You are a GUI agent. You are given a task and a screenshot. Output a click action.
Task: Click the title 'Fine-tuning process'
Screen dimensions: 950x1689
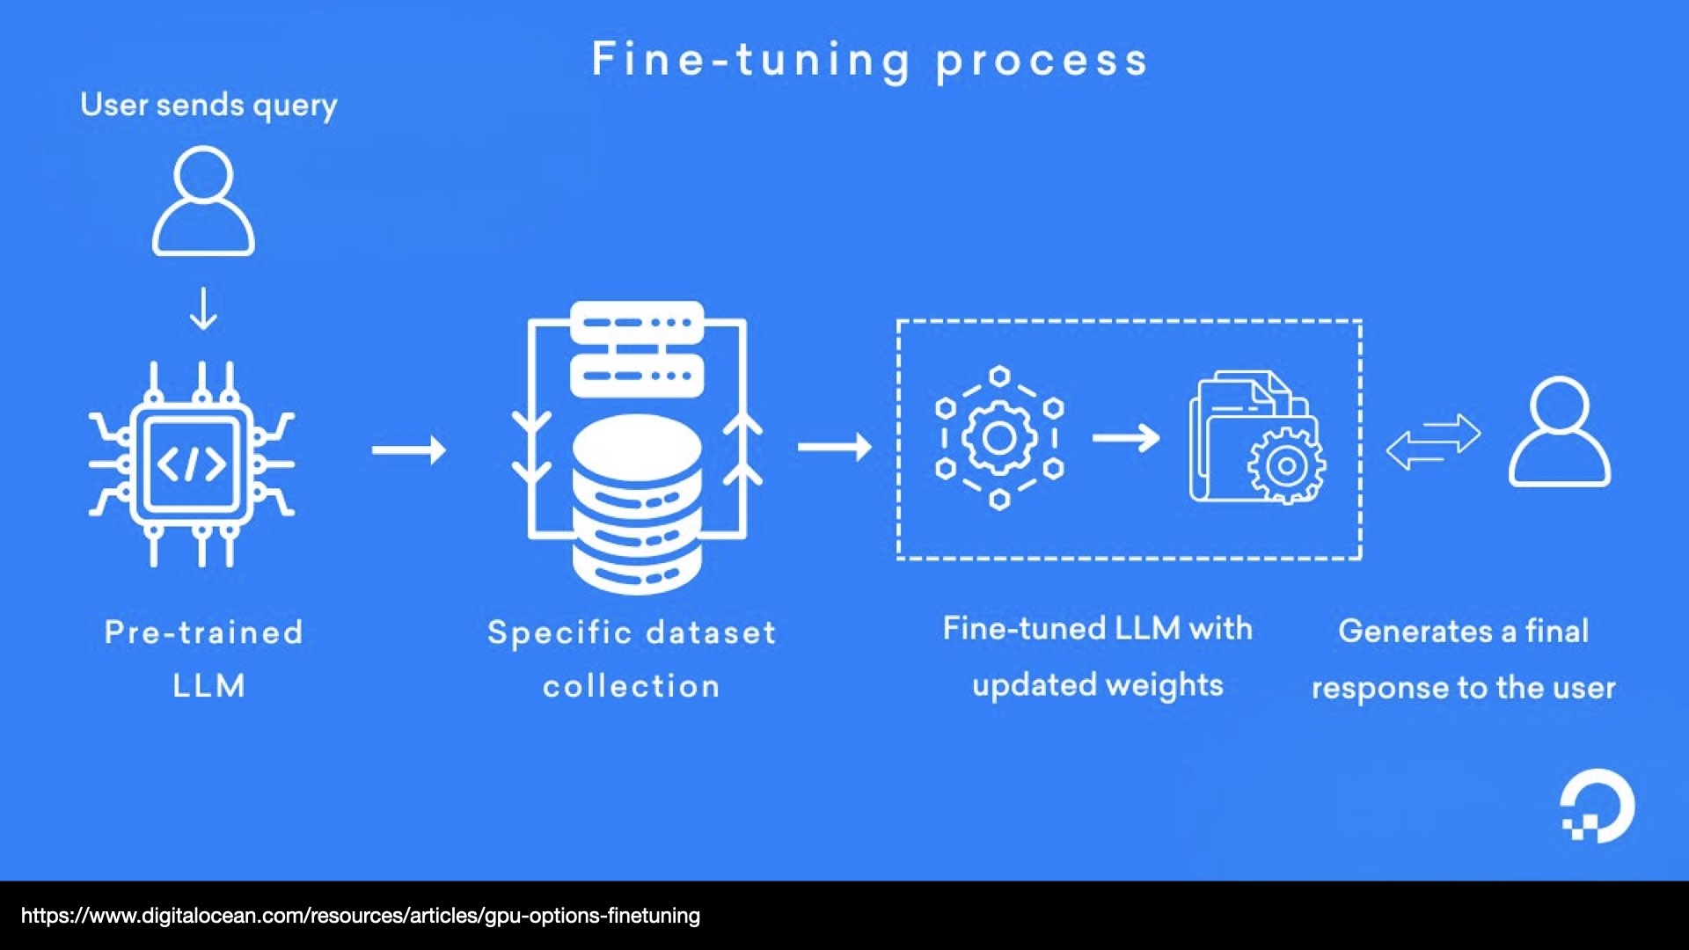pyautogui.click(x=869, y=60)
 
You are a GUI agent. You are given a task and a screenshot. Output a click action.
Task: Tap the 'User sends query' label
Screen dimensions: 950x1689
pyautogui.click(x=208, y=106)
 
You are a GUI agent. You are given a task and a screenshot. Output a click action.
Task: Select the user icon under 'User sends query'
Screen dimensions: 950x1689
pyautogui.click(x=203, y=202)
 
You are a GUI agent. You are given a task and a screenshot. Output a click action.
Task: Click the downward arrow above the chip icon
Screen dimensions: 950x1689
pyautogui.click(x=203, y=309)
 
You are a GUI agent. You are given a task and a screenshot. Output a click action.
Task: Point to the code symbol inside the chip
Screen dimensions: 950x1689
pyautogui.click(x=192, y=464)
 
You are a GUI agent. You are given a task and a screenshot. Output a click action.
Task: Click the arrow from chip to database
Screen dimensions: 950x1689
pyautogui.click(x=409, y=450)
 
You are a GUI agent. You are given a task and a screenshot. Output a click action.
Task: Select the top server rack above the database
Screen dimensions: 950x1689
pyautogui.click(x=637, y=324)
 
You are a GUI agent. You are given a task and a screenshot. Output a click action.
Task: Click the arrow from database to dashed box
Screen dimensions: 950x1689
pyautogui.click(x=834, y=447)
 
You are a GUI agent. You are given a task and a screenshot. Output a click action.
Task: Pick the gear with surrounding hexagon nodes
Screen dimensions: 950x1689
pyautogui.click(x=999, y=437)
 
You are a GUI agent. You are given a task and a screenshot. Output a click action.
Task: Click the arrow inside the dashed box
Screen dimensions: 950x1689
pyautogui.click(x=1126, y=437)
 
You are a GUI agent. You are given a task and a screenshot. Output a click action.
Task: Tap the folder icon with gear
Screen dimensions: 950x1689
pyautogui.click(x=1256, y=440)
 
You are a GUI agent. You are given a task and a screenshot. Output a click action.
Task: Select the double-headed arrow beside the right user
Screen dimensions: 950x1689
pyautogui.click(x=1433, y=442)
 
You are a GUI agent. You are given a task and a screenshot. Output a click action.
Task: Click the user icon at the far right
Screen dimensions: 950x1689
pyautogui.click(x=1560, y=433)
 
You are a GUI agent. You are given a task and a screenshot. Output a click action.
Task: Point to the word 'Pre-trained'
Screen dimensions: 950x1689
pyautogui.click(x=204, y=632)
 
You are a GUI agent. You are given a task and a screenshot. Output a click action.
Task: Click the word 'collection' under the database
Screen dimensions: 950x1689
pyautogui.click(x=632, y=686)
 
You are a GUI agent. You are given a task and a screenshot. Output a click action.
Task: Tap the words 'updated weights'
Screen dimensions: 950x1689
pyautogui.click(x=1098, y=685)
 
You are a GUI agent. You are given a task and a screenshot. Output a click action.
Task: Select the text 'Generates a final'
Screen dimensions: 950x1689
pyautogui.click(x=1463, y=631)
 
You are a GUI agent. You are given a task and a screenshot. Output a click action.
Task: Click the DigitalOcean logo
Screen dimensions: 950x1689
pyautogui.click(x=1598, y=806)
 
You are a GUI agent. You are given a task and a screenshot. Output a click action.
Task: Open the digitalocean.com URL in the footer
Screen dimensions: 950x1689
pyautogui.click(x=361, y=916)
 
